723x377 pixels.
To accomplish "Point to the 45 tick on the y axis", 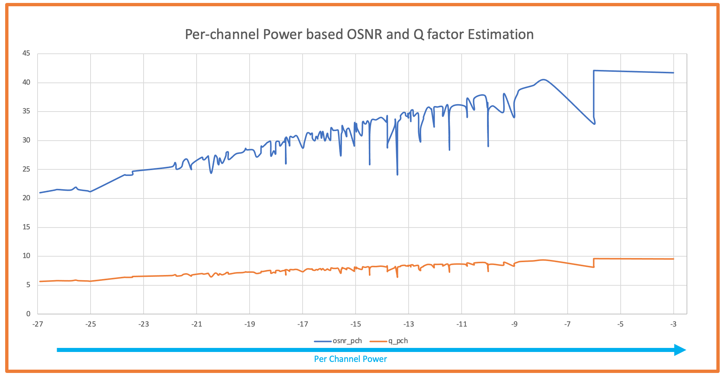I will click(26, 53).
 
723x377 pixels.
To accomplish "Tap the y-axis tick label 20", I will click(26, 198).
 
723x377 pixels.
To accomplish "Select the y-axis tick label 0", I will click(28, 314).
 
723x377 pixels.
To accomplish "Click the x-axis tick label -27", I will click(38, 324).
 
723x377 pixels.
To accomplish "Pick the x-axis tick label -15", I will click(356, 324).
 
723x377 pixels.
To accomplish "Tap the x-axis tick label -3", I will click(673, 324).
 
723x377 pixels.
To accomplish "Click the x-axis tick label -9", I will click(514, 324).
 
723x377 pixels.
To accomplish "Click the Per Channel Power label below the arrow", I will click(350, 359).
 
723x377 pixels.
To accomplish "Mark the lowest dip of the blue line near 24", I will click(398, 175).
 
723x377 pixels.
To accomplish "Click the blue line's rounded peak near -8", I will click(544, 80).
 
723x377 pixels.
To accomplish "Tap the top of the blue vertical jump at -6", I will click(594, 70).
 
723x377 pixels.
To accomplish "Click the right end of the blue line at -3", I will click(673, 73).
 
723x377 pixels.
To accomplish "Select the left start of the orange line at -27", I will click(40, 282).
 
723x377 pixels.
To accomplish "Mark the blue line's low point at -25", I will click(91, 191).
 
